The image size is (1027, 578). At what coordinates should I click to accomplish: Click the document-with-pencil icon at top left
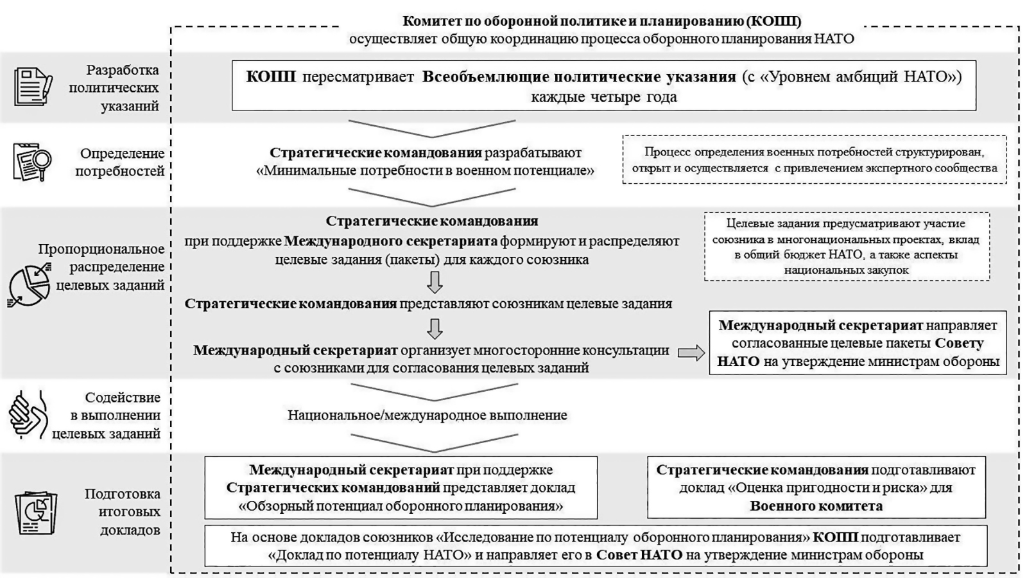pyautogui.click(x=32, y=86)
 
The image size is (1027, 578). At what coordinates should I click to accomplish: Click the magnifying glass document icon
pyautogui.click(x=32, y=162)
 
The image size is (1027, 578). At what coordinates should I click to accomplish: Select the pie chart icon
pyautogui.click(x=30, y=286)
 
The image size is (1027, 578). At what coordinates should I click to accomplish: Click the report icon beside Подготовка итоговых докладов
pyautogui.click(x=36, y=512)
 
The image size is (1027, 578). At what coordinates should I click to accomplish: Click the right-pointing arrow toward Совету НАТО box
pyautogui.click(x=691, y=353)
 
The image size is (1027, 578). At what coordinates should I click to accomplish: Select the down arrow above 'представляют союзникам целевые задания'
pyautogui.click(x=435, y=282)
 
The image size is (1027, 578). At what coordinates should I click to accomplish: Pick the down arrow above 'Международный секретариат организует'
pyautogui.click(x=435, y=328)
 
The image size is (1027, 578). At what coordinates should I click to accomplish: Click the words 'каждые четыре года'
pyautogui.click(x=603, y=98)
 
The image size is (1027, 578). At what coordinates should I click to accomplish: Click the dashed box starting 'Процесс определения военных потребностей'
pyautogui.click(x=814, y=160)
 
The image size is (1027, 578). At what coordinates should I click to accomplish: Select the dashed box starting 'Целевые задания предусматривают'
pyautogui.click(x=846, y=247)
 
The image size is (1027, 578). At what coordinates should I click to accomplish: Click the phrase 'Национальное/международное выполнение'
pyautogui.click(x=427, y=415)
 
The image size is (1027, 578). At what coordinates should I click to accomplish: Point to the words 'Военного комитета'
pyautogui.click(x=816, y=505)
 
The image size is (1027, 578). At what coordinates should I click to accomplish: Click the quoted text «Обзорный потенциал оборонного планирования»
pyautogui.click(x=401, y=505)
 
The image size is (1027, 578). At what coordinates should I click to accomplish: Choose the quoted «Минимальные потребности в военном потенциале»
pyautogui.click(x=425, y=171)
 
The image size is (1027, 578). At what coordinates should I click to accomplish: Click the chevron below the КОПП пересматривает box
pyautogui.click(x=431, y=128)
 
